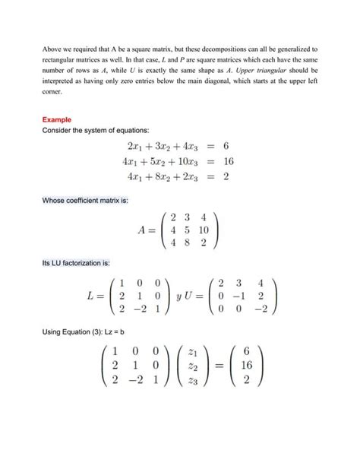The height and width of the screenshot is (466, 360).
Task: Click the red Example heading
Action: (56, 119)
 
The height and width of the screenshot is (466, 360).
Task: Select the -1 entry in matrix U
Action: (241, 296)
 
